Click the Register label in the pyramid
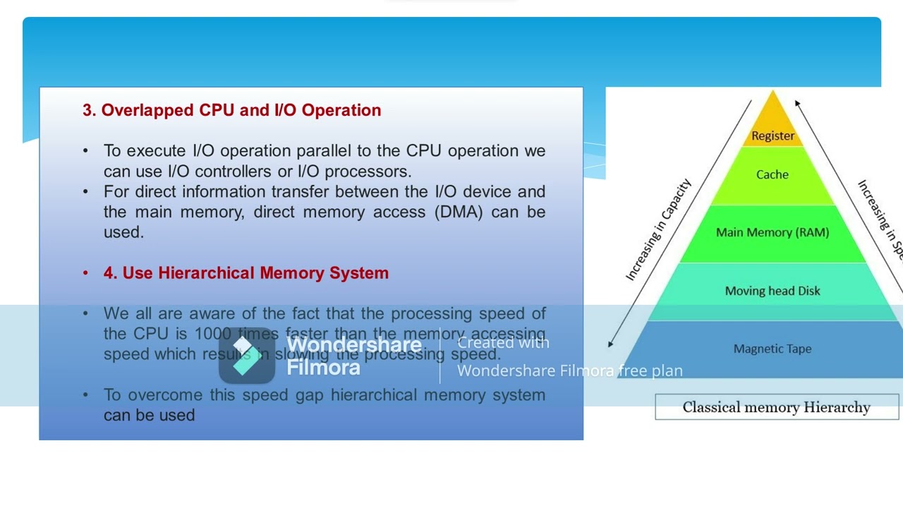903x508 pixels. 772,135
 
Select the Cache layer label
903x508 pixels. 772,174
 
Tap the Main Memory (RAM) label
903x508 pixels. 772,232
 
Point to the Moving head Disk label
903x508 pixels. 772,291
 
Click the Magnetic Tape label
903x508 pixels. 772,349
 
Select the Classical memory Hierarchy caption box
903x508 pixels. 776,407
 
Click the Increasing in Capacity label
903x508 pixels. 659,230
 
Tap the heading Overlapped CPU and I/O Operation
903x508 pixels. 231,110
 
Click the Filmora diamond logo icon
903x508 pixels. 246,355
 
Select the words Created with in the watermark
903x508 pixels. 503,343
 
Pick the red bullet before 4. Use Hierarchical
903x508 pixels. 85,273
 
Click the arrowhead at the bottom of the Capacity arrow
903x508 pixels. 610,344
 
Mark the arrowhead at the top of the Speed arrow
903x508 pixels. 797,104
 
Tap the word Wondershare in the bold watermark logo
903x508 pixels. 353,345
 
